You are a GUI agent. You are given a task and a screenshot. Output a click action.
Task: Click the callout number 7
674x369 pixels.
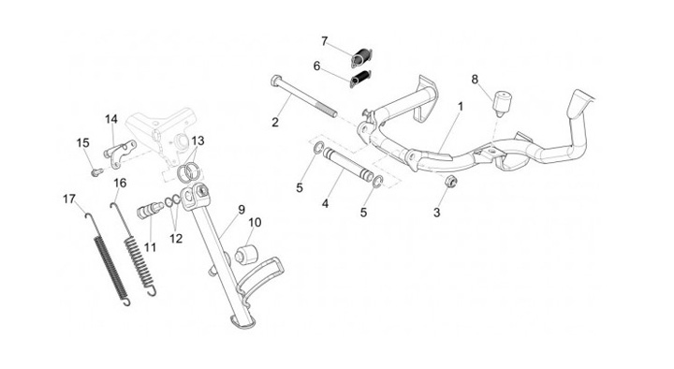point(325,41)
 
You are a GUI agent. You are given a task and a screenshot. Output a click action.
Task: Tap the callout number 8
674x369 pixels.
point(475,80)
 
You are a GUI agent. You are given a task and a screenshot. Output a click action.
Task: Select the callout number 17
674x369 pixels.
point(69,199)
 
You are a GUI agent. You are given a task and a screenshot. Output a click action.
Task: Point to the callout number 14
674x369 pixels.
point(110,119)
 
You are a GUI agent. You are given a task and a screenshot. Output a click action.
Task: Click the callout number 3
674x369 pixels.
point(437,213)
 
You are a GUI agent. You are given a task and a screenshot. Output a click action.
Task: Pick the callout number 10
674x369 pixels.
point(255,222)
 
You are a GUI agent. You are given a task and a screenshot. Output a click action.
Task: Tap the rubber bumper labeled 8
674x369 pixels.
point(501,103)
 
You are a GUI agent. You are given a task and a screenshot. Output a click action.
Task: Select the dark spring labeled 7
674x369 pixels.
point(362,58)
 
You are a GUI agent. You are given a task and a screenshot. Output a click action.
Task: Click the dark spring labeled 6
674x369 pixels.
point(360,79)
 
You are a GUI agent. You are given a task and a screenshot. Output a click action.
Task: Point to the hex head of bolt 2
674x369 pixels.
point(276,81)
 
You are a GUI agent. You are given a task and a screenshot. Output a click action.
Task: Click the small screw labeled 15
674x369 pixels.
point(96,172)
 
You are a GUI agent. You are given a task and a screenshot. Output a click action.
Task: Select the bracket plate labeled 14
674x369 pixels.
point(121,153)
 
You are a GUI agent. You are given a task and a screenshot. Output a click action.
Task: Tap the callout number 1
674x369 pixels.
point(461,106)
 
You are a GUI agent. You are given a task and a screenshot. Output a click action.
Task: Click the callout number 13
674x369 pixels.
point(198,140)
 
